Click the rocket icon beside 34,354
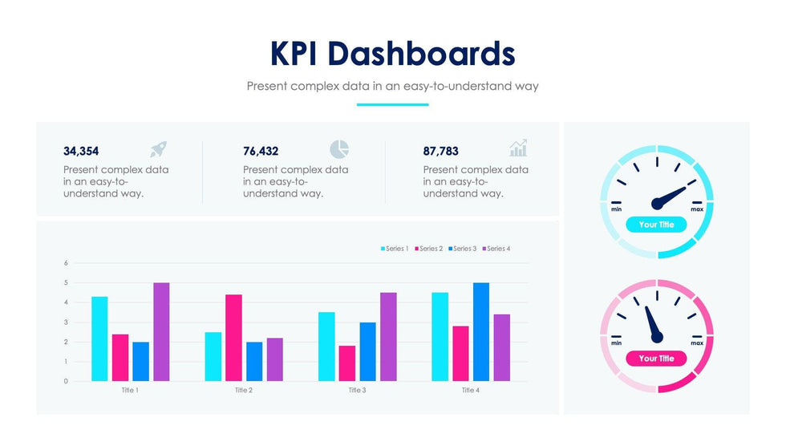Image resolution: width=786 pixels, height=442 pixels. pyautogui.click(x=158, y=149)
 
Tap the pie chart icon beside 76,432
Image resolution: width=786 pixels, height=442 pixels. pyautogui.click(x=339, y=149)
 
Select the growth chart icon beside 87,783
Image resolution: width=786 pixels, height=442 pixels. pyautogui.click(x=518, y=148)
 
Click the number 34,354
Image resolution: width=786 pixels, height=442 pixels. pyautogui.click(x=81, y=151)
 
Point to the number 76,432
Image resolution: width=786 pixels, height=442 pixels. pyautogui.click(x=261, y=151)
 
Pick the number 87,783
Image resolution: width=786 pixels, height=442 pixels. pyautogui.click(x=440, y=151)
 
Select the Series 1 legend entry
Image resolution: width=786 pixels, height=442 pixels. pyautogui.click(x=394, y=249)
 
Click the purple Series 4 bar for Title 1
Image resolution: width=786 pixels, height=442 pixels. pyautogui.click(x=161, y=331)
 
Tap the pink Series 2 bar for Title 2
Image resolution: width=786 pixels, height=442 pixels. pyautogui.click(x=233, y=338)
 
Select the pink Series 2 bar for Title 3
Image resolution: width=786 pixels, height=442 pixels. pyautogui.click(x=347, y=363)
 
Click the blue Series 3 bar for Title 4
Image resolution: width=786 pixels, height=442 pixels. pyautogui.click(x=480, y=331)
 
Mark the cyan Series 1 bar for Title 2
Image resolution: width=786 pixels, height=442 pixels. pyautogui.click(x=213, y=356)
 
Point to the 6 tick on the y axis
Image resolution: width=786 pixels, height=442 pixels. pyautogui.click(x=66, y=263)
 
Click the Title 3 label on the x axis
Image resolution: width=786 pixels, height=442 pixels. pyautogui.click(x=357, y=391)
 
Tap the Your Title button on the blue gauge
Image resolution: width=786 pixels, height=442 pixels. pyautogui.click(x=656, y=225)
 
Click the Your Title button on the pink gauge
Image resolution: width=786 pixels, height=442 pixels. pyautogui.click(x=656, y=359)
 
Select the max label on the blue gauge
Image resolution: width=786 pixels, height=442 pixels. pyautogui.click(x=697, y=209)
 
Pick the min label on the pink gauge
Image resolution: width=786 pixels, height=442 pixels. pyautogui.click(x=616, y=343)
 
